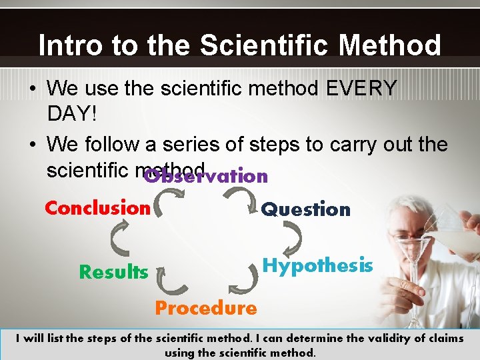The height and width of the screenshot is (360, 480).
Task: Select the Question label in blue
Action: point(305,209)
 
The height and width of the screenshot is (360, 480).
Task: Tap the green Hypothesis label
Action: point(317,266)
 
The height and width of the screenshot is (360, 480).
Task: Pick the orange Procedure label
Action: point(205,308)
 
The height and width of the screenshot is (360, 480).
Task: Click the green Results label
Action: point(113,272)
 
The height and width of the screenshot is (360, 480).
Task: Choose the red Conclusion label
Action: point(97,208)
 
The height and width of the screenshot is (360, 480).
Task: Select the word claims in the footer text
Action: point(441,338)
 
